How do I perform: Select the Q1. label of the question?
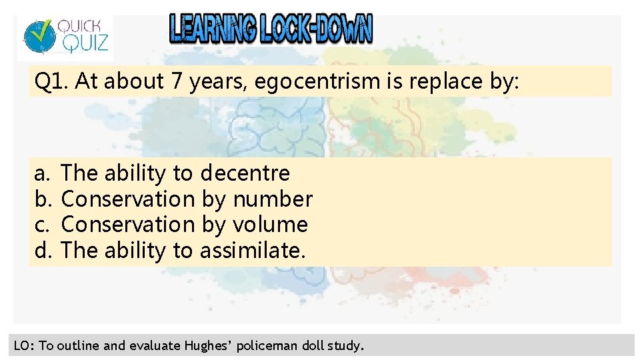52,81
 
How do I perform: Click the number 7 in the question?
177,81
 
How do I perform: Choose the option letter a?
41,173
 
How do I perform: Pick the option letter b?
41,199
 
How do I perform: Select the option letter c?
41,225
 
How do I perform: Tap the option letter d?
41,250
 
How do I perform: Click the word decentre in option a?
245,173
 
